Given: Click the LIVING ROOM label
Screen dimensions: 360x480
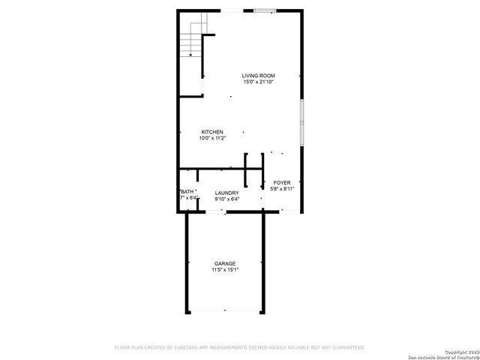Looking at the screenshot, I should pos(258,76).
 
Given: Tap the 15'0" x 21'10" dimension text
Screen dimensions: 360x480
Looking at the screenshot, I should pos(258,82).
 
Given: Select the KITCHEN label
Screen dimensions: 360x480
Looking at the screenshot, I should pos(211,132).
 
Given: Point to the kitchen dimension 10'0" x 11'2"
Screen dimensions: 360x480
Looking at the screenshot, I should pos(211,138).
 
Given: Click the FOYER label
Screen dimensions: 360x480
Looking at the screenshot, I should pos(282,183).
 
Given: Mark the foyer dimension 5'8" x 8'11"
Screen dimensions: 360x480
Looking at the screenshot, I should pos(282,189).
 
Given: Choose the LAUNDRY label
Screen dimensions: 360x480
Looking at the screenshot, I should pos(226,193).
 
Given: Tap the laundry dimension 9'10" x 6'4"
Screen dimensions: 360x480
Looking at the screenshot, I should pos(226,199).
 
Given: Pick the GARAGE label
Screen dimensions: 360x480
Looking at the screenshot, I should pos(225,264).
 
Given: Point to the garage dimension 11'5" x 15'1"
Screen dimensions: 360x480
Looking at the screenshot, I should pos(225,270).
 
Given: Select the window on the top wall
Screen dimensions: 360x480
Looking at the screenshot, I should pos(264,10).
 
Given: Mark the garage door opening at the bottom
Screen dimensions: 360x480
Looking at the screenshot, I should pos(225,311).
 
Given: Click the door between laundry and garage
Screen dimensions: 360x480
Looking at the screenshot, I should pos(217,212).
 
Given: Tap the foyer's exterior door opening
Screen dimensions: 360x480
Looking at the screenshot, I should pos(287,212).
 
